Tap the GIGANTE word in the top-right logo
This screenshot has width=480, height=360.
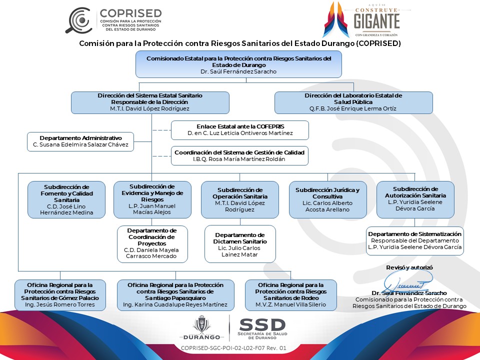pyautogui.click(x=376, y=21)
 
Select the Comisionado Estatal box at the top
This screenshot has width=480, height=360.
pyautogui.click(x=239, y=64)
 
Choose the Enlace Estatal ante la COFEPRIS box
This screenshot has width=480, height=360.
pyautogui.click(x=239, y=130)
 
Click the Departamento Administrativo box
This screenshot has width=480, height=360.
pyautogui.click(x=80, y=141)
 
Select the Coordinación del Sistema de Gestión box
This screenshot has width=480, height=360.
pyautogui.click(x=239, y=156)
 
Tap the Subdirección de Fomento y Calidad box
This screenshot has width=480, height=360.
pyautogui.click(x=66, y=199)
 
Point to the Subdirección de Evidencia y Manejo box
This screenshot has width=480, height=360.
pyautogui.click(x=152, y=199)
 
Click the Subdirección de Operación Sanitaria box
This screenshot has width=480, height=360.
pyautogui.click(x=240, y=199)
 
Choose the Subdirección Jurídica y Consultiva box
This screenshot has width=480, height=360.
pyautogui.click(x=328, y=199)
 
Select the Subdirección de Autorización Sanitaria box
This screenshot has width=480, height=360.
pyautogui.click(x=415, y=199)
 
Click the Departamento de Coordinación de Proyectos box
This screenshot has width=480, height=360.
pyautogui.click(x=152, y=244)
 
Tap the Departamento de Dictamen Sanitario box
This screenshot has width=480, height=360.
pyautogui.click(x=240, y=244)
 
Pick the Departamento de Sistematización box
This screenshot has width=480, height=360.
pyautogui.click(x=415, y=241)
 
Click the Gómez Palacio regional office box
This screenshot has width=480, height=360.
pyautogui.click(x=60, y=295)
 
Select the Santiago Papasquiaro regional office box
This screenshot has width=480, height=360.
pyautogui.click(x=175, y=295)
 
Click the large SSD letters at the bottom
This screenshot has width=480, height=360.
pyautogui.click(x=262, y=325)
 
